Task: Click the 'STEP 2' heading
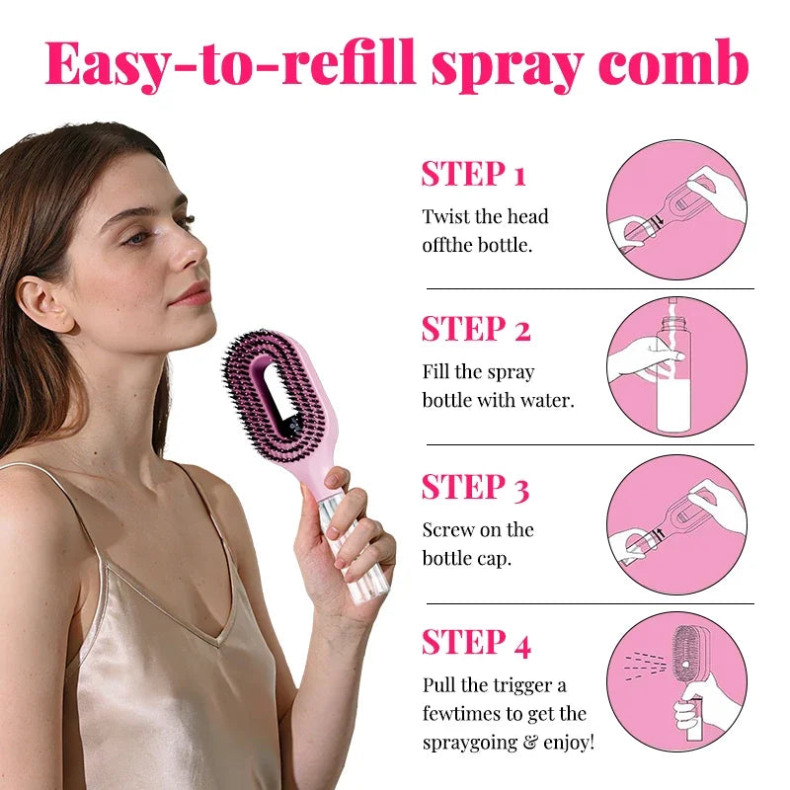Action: [475, 329]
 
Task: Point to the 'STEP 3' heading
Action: [475, 487]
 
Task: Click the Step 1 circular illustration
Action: [676, 208]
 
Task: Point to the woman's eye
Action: [137, 238]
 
